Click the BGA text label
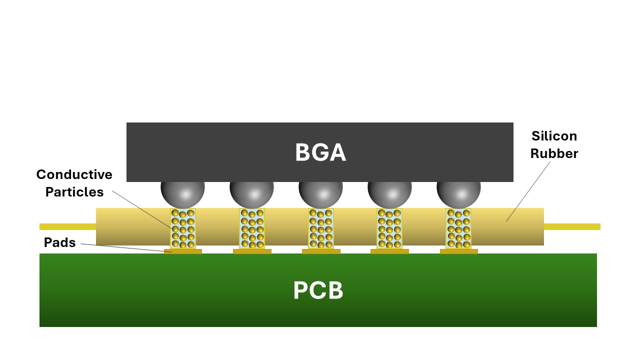pos(320,152)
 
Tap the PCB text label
pos(318,291)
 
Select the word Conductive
pos(74,174)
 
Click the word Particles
pos(74,192)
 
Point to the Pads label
pos(59,242)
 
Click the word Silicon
pos(554,136)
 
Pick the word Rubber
pos(554,153)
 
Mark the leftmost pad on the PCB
pos(183,251)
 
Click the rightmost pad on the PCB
pos(458,251)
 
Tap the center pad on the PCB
pos(321,251)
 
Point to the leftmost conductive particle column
pos(183,228)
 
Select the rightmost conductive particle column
pos(458,228)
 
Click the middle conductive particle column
pos(321,228)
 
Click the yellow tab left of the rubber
pos(67,226)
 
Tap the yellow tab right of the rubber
pos(572,226)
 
